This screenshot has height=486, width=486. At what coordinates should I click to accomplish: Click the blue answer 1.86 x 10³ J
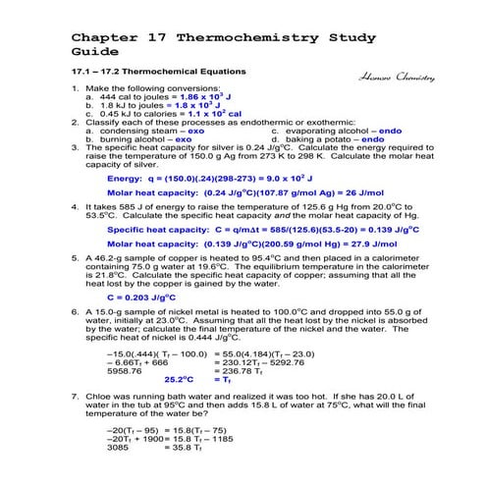(209, 97)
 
